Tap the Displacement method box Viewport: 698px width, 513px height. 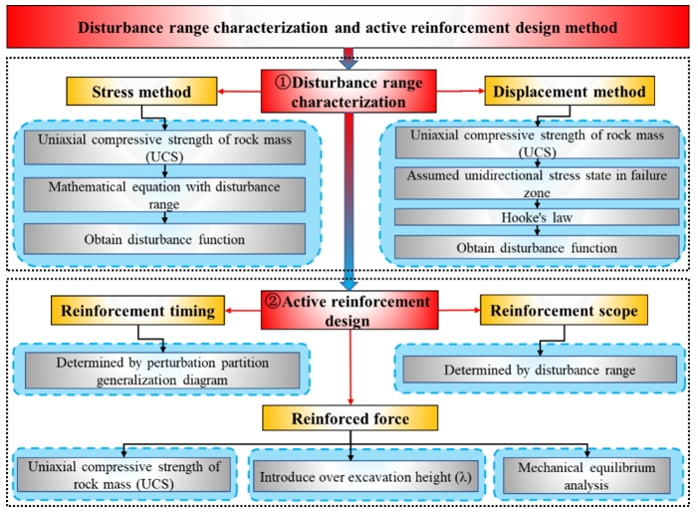565,94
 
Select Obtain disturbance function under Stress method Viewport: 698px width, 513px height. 164,239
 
